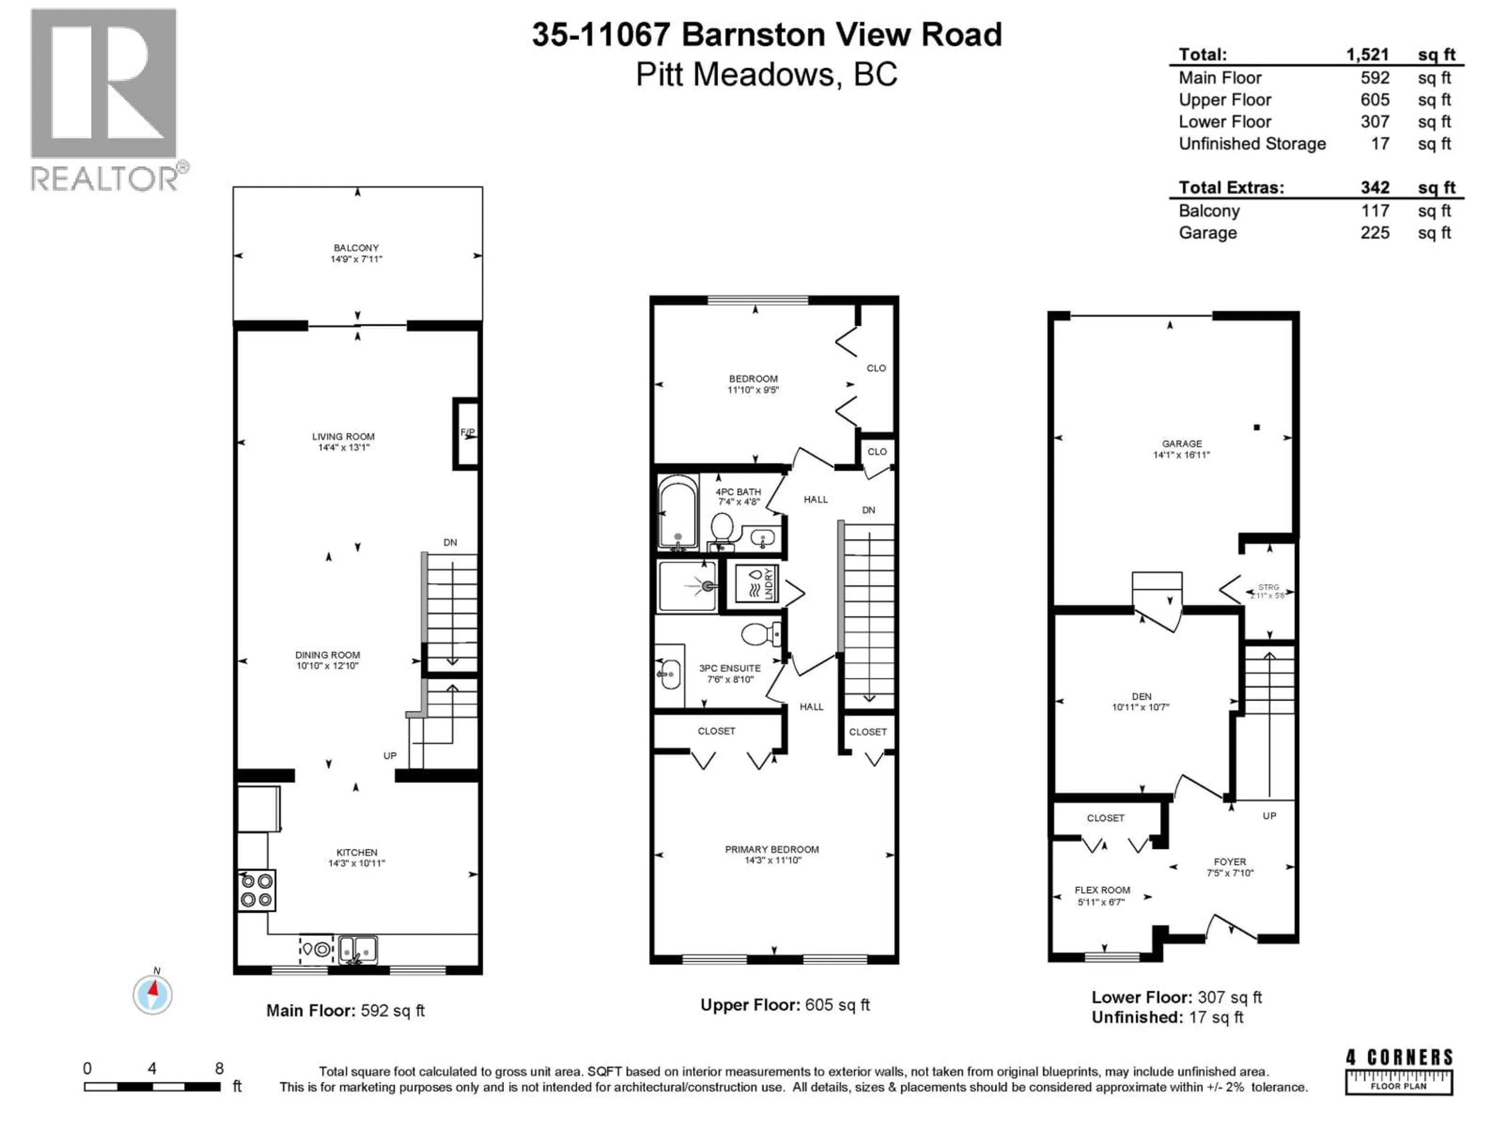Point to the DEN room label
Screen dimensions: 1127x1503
coord(1141,696)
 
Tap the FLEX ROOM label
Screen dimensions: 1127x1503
coord(1102,890)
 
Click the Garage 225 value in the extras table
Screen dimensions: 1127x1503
coord(1375,233)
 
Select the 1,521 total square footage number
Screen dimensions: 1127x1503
coord(1367,54)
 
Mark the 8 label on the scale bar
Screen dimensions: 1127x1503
coord(219,1069)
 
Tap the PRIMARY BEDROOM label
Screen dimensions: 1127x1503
coord(772,849)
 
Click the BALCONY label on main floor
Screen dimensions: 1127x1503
coord(356,248)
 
